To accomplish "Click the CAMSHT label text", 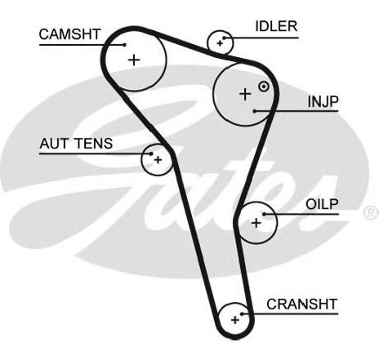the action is [70, 34].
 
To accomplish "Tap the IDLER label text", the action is [276, 26].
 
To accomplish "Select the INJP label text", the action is [323, 101].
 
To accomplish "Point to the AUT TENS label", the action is [76, 144].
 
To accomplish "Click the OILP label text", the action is [322, 204].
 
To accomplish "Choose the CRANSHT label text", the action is [302, 304].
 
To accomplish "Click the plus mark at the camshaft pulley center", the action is [134, 60].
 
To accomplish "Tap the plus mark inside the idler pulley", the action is [220, 43].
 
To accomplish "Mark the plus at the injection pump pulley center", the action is [245, 94].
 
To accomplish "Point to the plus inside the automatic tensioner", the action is [158, 160].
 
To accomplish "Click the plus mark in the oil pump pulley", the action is [256, 223].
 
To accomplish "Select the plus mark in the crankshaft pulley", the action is [235, 320].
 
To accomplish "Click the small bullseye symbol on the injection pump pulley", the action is [264, 87].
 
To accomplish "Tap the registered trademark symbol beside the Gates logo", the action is [372, 213].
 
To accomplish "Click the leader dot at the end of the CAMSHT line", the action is [125, 45].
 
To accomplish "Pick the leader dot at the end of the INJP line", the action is [255, 111].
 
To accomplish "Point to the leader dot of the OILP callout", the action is [264, 214].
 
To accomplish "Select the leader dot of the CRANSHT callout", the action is [242, 313].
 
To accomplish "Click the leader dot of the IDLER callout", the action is [225, 38].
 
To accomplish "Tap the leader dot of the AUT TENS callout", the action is [151, 153].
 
